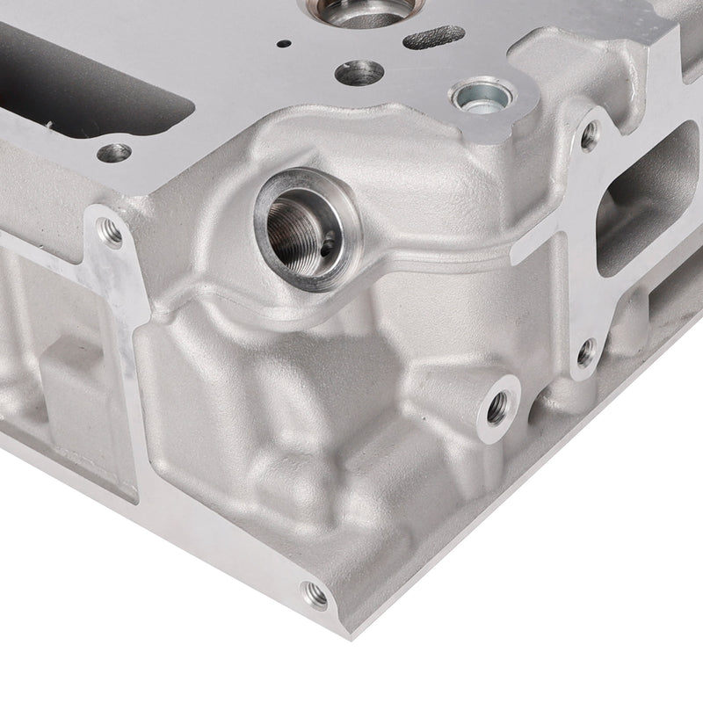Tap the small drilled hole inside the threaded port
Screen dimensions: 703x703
(x=327, y=248)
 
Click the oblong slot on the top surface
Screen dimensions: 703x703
(x=434, y=37)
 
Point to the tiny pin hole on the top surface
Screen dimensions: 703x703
(x=283, y=43)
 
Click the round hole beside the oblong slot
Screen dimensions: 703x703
(x=359, y=71)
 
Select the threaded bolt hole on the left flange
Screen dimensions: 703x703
(x=111, y=232)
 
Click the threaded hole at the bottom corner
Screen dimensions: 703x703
(x=315, y=596)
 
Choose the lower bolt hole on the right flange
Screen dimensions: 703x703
(x=586, y=353)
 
